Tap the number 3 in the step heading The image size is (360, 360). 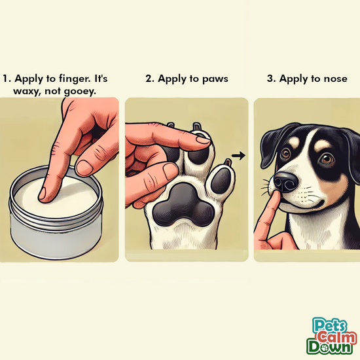point(270,79)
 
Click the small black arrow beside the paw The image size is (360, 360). point(238,156)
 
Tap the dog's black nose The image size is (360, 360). point(285,181)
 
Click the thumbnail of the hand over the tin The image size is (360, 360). point(84,168)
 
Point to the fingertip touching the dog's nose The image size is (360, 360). point(276,197)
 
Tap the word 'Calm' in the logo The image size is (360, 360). point(338,336)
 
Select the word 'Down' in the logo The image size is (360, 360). point(330,347)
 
